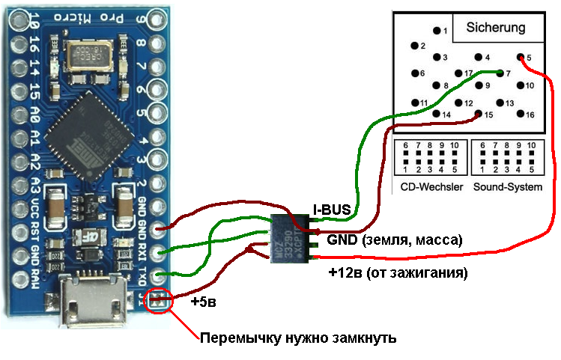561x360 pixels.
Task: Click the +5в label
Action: [204, 302]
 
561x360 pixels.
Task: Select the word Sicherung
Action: [495, 28]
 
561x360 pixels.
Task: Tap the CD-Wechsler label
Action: [430, 186]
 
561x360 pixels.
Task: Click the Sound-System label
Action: [507, 186]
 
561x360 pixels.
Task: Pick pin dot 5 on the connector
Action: [520, 57]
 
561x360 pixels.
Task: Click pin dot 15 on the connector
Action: [478, 115]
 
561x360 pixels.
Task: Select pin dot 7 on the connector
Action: [499, 73]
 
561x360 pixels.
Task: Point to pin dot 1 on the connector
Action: [436, 31]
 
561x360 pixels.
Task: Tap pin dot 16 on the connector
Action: [520, 115]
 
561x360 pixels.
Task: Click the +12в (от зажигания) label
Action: [398, 273]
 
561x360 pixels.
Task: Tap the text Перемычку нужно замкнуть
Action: [297, 338]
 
